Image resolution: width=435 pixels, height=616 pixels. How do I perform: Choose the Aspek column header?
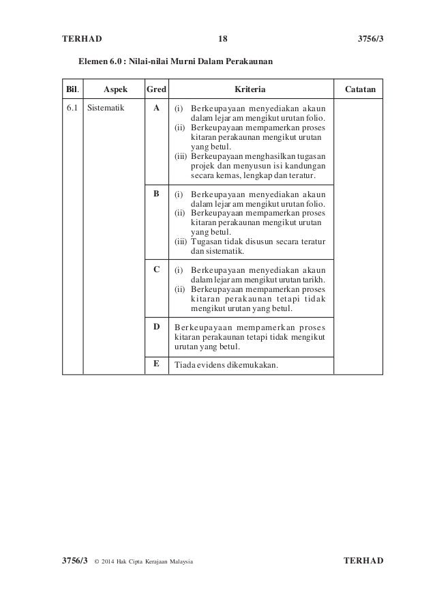tap(114, 89)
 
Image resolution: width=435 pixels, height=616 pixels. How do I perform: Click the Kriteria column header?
tap(250, 89)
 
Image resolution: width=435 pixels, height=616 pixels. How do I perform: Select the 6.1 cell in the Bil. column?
tap(72, 108)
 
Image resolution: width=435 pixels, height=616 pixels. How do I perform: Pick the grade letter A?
tap(157, 108)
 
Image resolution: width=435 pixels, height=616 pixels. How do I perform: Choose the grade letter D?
tap(156, 326)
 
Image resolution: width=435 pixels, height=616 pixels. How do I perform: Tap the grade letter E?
tap(156, 364)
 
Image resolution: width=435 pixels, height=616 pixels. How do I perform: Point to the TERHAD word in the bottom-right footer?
tap(365, 561)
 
